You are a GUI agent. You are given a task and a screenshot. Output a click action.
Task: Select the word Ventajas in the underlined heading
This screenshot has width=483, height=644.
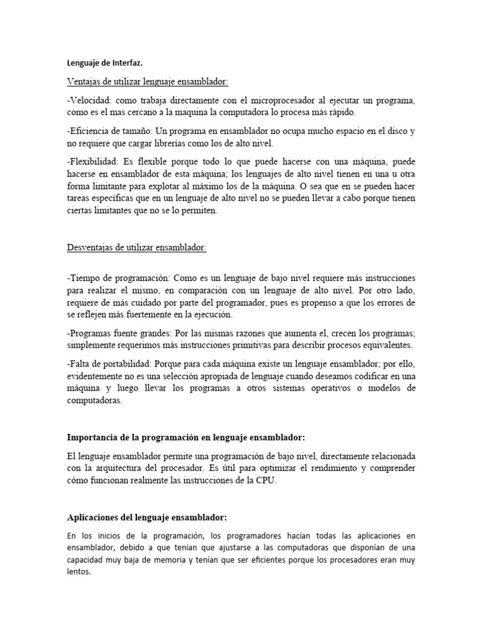84,82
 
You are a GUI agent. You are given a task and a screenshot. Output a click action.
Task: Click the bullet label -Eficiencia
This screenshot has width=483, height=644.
89,131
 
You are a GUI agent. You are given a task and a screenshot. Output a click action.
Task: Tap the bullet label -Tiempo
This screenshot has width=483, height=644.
84,278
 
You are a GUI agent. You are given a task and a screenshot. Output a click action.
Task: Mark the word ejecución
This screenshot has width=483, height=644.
210,314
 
